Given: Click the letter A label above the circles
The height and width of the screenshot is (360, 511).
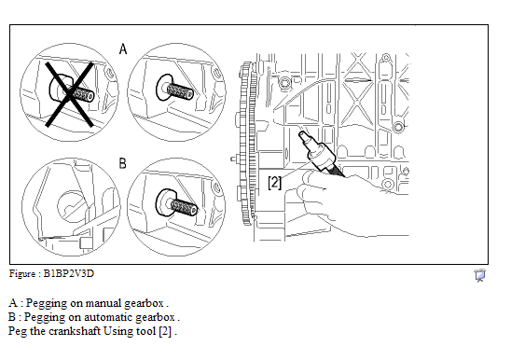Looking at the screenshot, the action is tap(123, 48).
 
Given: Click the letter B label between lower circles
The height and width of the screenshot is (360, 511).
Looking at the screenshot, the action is tap(122, 163).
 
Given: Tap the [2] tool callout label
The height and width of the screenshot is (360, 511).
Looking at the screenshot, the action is tap(274, 183).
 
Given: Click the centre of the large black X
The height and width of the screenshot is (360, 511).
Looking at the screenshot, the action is tap(70, 94).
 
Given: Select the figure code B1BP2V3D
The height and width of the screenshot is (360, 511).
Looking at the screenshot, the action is tap(69, 273).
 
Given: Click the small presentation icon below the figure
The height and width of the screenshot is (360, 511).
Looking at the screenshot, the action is tap(479, 275).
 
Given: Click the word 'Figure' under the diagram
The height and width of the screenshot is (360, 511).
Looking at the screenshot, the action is tap(21, 273).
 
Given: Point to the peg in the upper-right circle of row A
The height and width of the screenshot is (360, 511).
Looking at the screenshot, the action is tap(175, 88).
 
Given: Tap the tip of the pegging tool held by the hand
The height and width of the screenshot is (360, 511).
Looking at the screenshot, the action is tap(302, 134).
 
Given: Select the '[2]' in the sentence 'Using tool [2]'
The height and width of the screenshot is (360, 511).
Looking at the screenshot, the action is tap(165, 331).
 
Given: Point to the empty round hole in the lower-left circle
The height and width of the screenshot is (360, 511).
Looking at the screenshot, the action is tap(73, 206).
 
